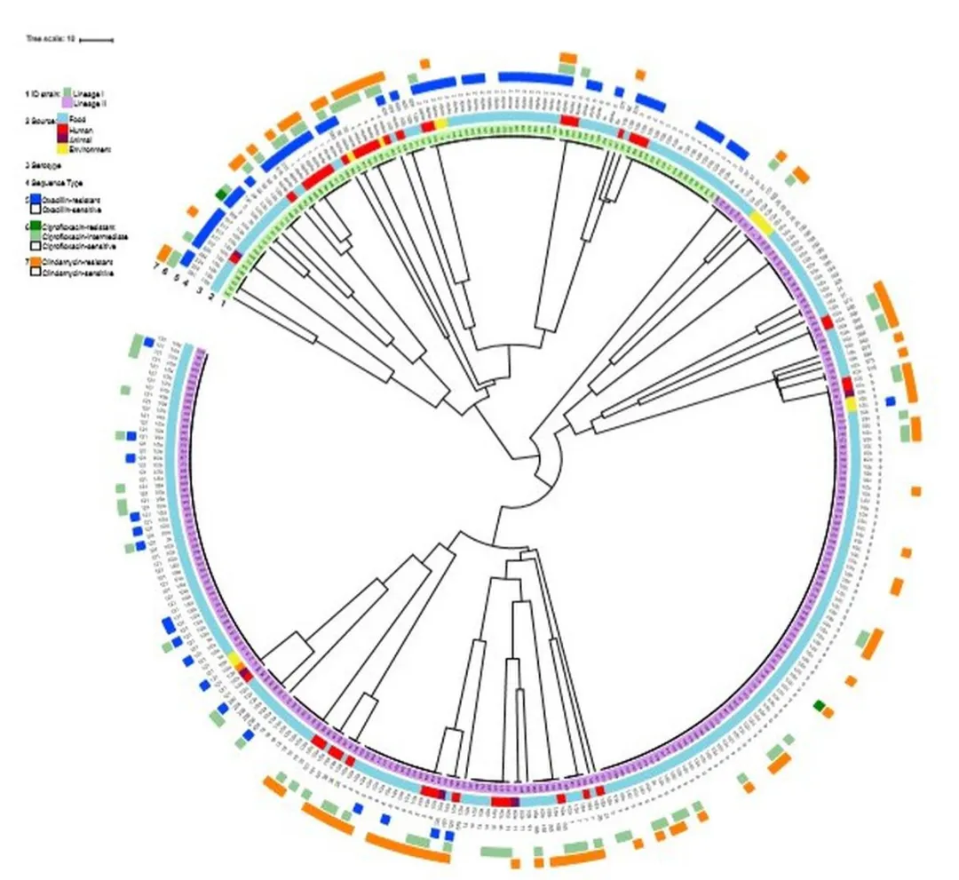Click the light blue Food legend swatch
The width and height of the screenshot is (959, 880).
[x=62, y=118]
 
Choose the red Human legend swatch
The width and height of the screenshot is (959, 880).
[x=62, y=130]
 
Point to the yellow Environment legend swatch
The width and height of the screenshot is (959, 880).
[x=62, y=150]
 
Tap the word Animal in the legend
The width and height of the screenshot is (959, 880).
[x=82, y=139]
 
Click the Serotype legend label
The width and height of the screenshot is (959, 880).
[x=44, y=165]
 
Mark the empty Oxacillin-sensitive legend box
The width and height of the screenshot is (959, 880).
[x=36, y=210]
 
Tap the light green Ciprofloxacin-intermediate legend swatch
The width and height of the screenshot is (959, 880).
[x=36, y=236]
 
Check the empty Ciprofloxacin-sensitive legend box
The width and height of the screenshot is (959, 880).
[x=36, y=245]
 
